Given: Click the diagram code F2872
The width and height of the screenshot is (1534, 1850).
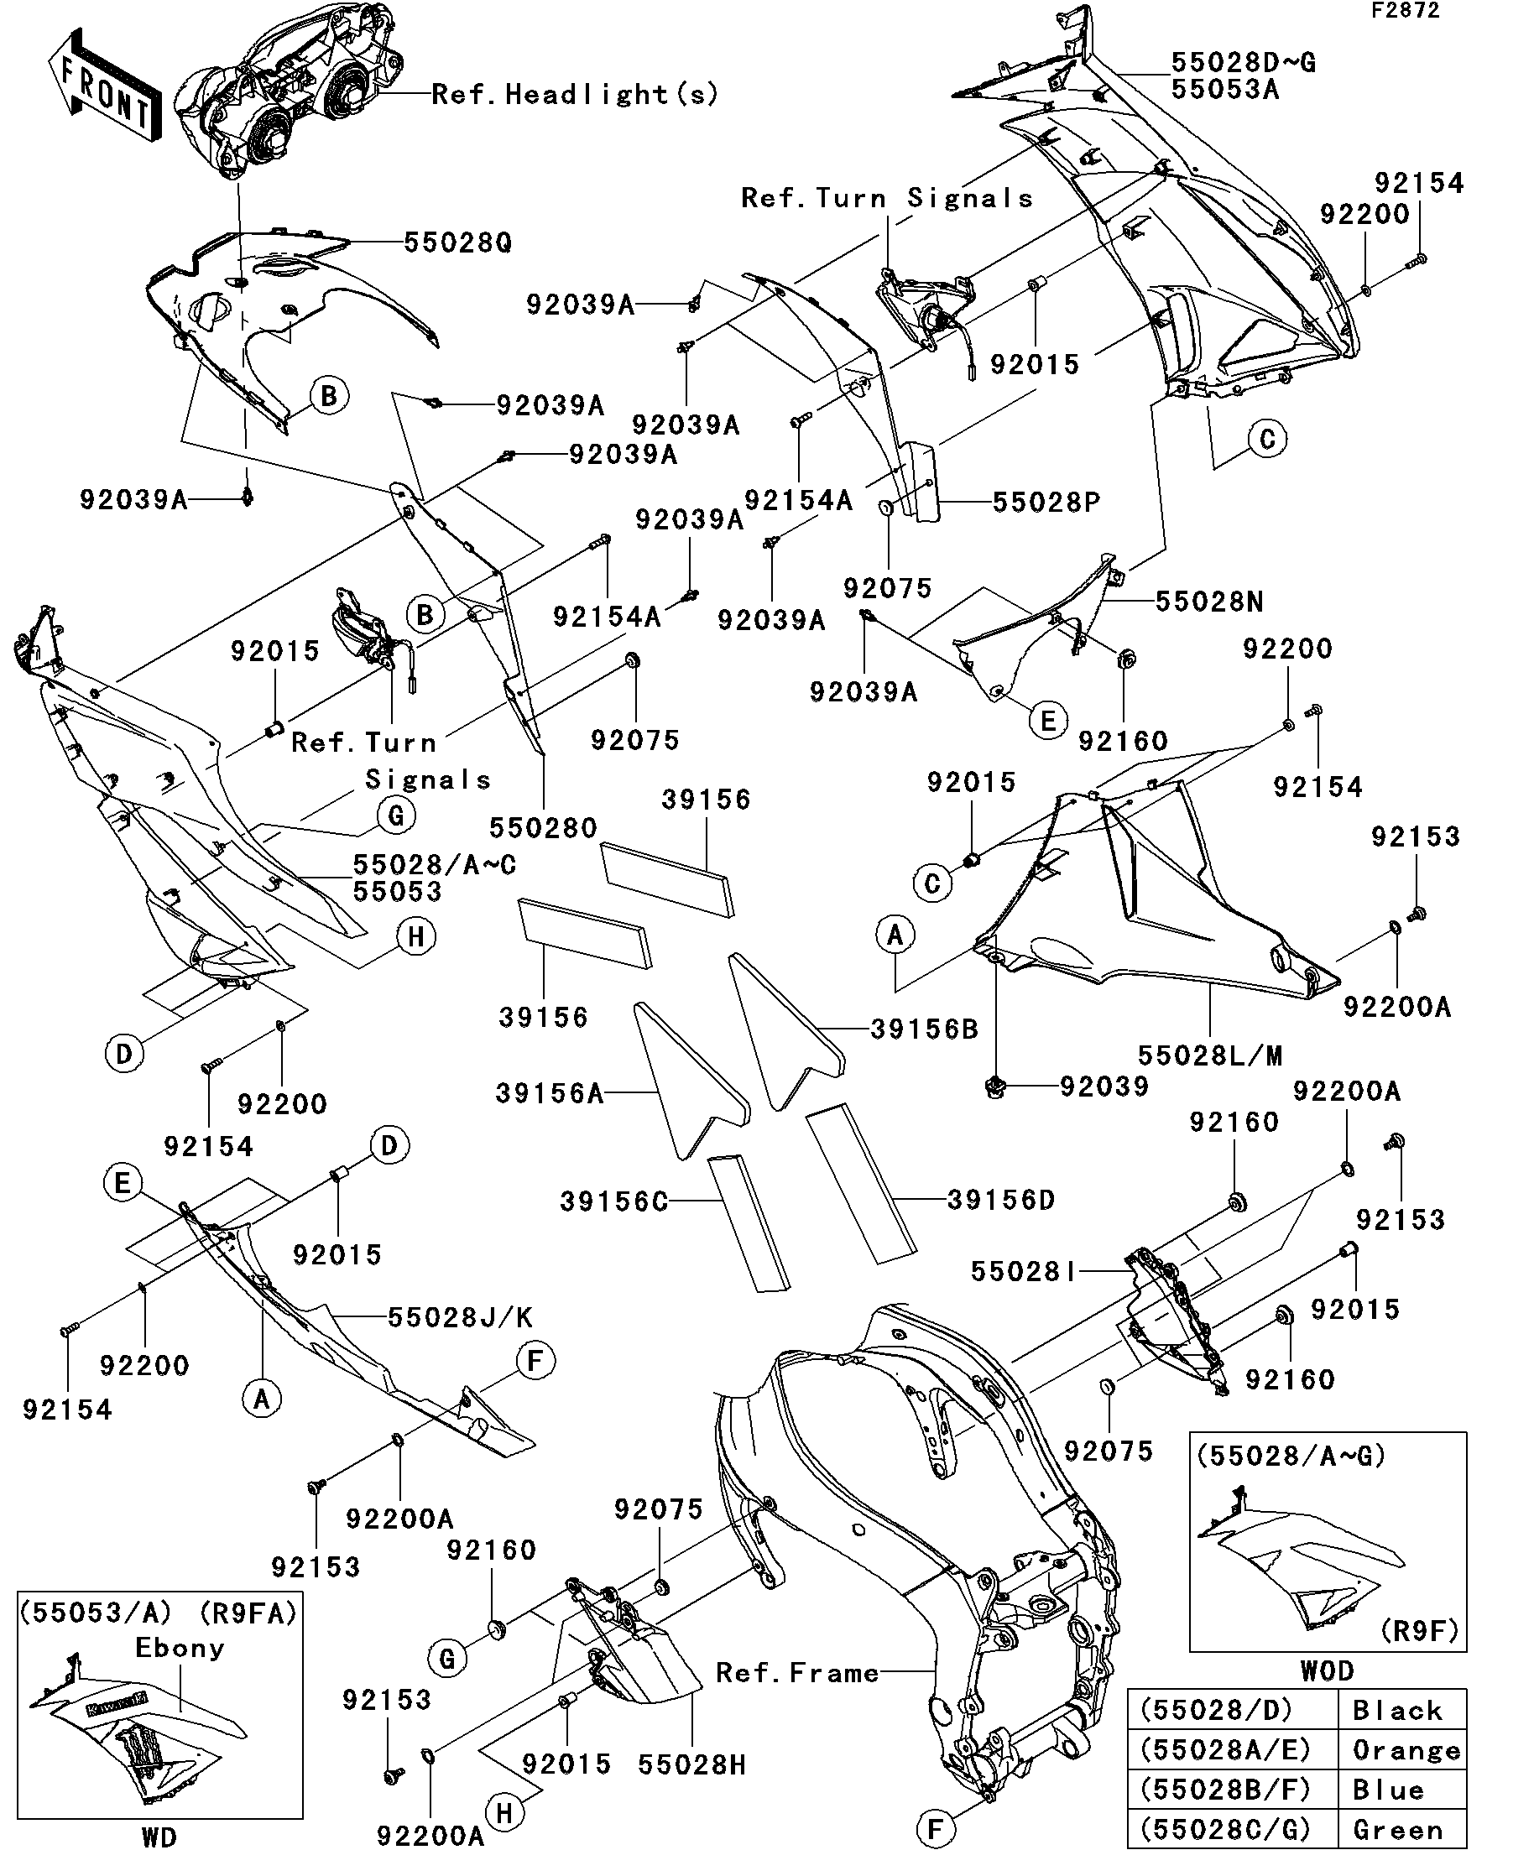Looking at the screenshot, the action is click(1405, 12).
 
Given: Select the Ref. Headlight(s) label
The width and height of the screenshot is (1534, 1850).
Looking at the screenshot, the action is click(576, 94).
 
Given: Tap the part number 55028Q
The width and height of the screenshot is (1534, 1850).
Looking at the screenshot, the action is click(458, 242).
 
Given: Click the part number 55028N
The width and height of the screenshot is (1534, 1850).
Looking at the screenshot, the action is click(1209, 602).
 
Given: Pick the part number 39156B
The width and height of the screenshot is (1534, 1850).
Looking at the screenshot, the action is click(924, 1029).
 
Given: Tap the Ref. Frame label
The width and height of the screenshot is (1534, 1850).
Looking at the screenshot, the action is click(797, 1672).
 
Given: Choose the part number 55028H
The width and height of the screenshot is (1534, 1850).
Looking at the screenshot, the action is click(692, 1764).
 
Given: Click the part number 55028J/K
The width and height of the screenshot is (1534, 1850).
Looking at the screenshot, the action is click(461, 1317).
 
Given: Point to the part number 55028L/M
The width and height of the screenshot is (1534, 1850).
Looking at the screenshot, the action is click(1210, 1055).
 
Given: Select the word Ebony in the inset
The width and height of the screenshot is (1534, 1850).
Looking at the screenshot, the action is click(180, 1648).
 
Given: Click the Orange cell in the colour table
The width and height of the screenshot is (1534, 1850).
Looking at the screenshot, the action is click(1406, 1749).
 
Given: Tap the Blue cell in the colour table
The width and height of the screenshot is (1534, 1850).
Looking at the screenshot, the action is click(1388, 1790).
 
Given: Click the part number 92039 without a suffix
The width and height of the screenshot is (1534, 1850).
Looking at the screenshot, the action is click(1105, 1087).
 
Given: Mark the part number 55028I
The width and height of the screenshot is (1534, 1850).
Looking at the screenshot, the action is click(1024, 1271).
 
